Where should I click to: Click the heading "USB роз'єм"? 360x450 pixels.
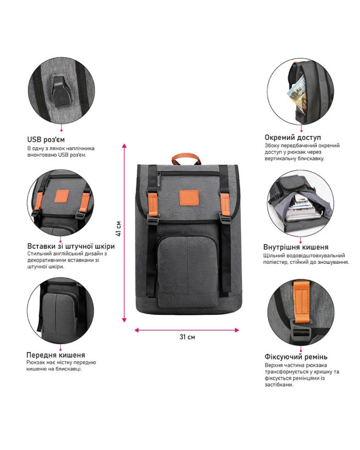[x=46, y=139]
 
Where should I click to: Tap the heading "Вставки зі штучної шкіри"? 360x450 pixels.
[x=71, y=246]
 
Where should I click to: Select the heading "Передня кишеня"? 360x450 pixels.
[x=56, y=355]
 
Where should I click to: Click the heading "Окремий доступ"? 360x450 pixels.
[x=293, y=137]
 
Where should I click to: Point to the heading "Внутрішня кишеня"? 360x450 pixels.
[x=296, y=247]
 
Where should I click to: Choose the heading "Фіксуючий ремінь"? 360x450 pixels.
[x=296, y=357]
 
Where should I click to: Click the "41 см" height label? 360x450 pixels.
[x=119, y=229]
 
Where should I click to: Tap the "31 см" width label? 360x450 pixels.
[x=187, y=337]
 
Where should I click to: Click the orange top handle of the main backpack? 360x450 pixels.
[x=186, y=157]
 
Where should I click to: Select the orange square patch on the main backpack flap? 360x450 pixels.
[x=189, y=198]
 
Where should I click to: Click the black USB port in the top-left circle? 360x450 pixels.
[x=61, y=91]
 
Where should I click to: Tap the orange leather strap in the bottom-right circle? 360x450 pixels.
[x=301, y=302]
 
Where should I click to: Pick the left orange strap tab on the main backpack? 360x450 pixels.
[x=153, y=204]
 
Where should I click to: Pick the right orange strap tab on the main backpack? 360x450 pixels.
[x=225, y=204]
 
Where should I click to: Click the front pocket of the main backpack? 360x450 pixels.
[x=188, y=271]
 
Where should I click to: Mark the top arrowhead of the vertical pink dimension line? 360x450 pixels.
[x=124, y=145]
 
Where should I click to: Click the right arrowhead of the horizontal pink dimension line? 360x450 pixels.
[x=237, y=330]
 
